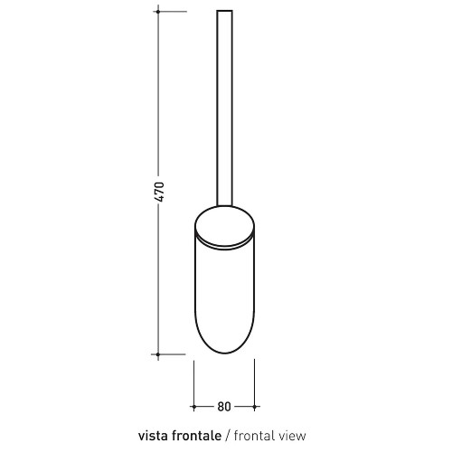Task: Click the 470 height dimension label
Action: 160,192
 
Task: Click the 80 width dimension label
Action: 224,407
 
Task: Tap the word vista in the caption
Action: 153,436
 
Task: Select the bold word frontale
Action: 195,436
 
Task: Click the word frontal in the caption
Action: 253,436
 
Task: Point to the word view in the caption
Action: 291,436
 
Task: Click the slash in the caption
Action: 228,436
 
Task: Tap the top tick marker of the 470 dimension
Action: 158,12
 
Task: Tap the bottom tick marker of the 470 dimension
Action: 158,354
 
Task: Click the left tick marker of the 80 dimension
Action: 193,407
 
